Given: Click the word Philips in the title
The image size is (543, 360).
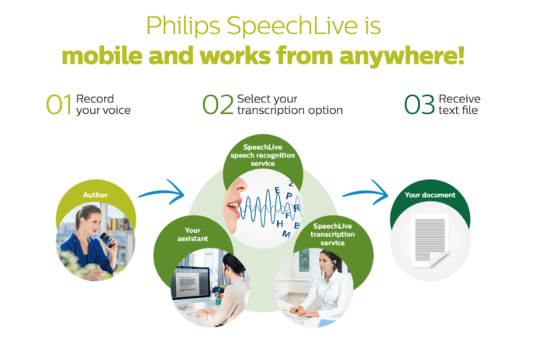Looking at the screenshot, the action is coord(183,26).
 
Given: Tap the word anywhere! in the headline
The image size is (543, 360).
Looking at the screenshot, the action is coord(402,56).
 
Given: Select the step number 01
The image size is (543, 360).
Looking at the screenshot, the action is coord(59,104).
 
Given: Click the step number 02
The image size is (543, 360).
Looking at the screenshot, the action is coord(218,104).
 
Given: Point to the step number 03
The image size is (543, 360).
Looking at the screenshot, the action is coord(419,104).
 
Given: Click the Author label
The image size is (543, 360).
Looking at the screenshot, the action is coord(95,195).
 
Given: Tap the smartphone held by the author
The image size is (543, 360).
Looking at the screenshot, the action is coord(107,240).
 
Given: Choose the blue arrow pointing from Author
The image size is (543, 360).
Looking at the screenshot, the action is coord(161,192).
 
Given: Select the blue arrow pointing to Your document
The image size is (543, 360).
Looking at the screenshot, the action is coord(365,192).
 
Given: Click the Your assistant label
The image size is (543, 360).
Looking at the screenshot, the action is coord(192,234).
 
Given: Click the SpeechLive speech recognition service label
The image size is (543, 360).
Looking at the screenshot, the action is coord(263,155).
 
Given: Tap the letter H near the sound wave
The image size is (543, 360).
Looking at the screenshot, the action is coord(280,224).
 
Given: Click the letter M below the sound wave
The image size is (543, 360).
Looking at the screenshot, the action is coord(286,234).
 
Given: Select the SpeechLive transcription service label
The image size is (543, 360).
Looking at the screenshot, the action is coord(333,234).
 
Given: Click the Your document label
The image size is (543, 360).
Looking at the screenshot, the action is coord(430,195).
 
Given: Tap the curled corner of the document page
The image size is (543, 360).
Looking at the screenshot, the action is coord(437,258).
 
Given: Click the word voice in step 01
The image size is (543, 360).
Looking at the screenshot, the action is coord(117,110).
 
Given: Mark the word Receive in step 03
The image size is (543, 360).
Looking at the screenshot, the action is coord(459,99).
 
